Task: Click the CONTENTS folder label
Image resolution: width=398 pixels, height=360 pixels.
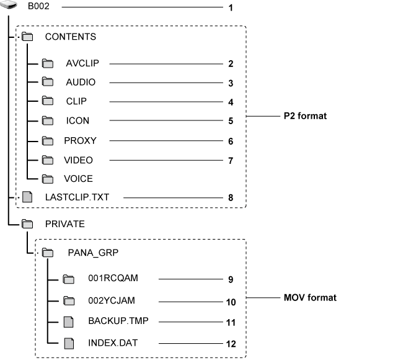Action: [x=70, y=37]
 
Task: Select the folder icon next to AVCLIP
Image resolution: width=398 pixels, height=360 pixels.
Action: [x=48, y=63]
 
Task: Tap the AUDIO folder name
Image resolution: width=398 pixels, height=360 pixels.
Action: [x=81, y=83]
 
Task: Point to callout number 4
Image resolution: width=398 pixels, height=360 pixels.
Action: [x=230, y=102]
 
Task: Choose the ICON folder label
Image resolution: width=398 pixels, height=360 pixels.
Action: [x=77, y=121]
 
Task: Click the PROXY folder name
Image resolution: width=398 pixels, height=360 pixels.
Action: [x=80, y=141]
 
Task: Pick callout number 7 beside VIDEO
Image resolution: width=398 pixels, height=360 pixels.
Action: [x=230, y=160]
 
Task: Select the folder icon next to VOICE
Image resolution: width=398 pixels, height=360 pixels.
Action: [x=48, y=179]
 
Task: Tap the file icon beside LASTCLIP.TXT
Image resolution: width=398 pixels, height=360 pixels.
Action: [x=27, y=198]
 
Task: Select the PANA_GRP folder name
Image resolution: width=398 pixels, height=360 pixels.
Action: [x=93, y=253]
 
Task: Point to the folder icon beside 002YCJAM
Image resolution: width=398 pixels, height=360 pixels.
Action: [x=69, y=301]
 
